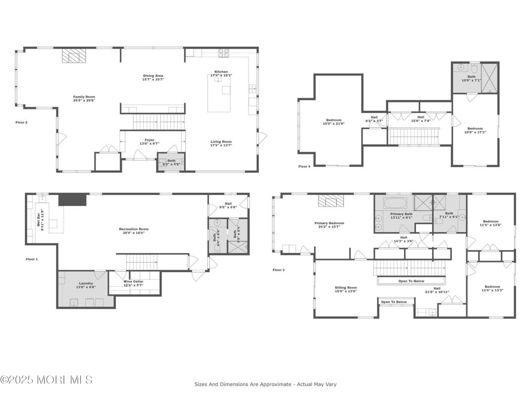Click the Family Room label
tap(84, 99)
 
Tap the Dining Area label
tap(153, 77)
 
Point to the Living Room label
tap(221, 144)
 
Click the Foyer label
tap(149, 142)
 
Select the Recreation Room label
tap(133, 231)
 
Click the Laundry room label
tap(86, 285)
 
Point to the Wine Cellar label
tap(133, 283)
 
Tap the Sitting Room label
tap(345, 289)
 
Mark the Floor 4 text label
tap(304, 166)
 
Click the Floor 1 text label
tap(32, 259)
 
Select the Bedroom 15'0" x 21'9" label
tap(333, 122)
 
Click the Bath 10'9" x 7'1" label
tap(471, 78)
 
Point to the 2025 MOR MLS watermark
tap(46, 380)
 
